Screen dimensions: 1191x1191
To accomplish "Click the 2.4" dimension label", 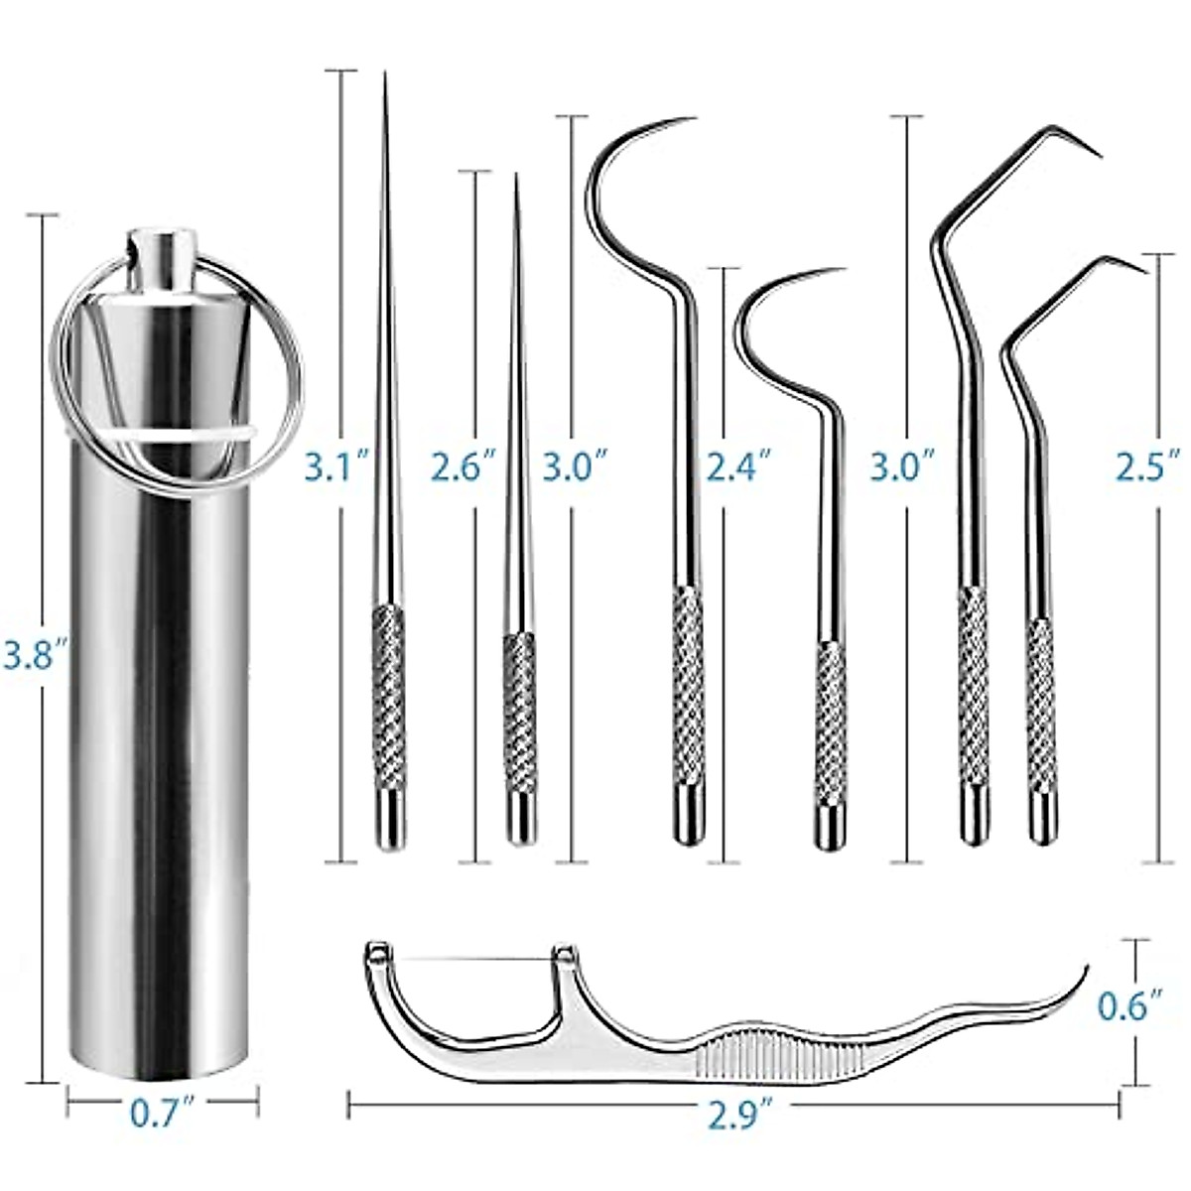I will point(736,465).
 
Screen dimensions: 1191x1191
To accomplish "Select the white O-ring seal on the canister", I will point(198,437).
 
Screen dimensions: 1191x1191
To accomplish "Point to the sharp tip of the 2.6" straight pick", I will point(516,180).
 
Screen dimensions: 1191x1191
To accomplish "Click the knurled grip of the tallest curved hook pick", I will point(686,675).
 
